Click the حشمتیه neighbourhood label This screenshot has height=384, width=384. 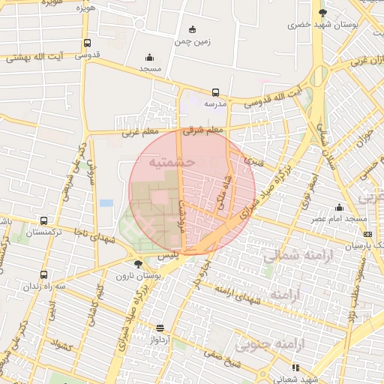[172, 161]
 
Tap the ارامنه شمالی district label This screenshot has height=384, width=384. [297, 256]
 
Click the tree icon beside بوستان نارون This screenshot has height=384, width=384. [138, 263]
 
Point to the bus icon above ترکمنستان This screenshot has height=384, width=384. [43, 221]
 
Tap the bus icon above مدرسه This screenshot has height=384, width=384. [216, 92]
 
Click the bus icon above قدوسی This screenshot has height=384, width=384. [88, 43]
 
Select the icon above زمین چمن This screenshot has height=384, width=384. [193, 30]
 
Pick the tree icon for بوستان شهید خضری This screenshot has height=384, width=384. [322, 13]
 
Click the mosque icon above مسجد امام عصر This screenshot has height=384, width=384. [340, 208]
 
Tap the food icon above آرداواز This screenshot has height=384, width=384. [160, 328]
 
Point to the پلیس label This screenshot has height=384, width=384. [169, 256]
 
